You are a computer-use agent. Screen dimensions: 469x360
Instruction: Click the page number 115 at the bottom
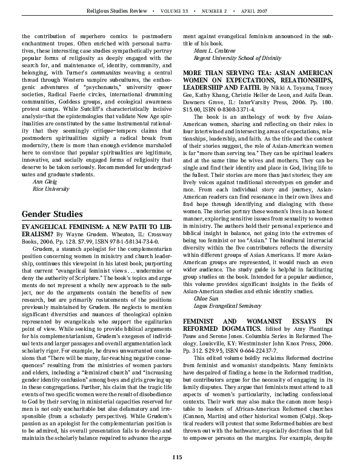click(177, 456)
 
